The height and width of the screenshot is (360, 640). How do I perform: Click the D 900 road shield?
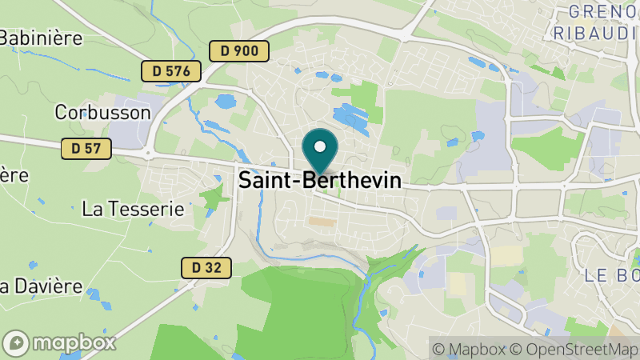coord(239,51)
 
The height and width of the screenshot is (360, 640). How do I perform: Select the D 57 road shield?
coord(86,148)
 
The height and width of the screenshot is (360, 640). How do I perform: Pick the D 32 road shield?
coord(206,268)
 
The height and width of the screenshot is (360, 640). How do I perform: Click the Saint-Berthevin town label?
coord(320,181)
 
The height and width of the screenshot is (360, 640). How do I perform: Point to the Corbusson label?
coord(102,113)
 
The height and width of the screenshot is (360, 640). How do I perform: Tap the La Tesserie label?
coord(134,210)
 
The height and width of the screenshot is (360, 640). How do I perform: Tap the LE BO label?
coord(612,275)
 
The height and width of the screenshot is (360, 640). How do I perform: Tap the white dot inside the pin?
coord(321,146)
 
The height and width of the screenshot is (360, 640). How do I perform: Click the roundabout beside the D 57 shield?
coord(149,150)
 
